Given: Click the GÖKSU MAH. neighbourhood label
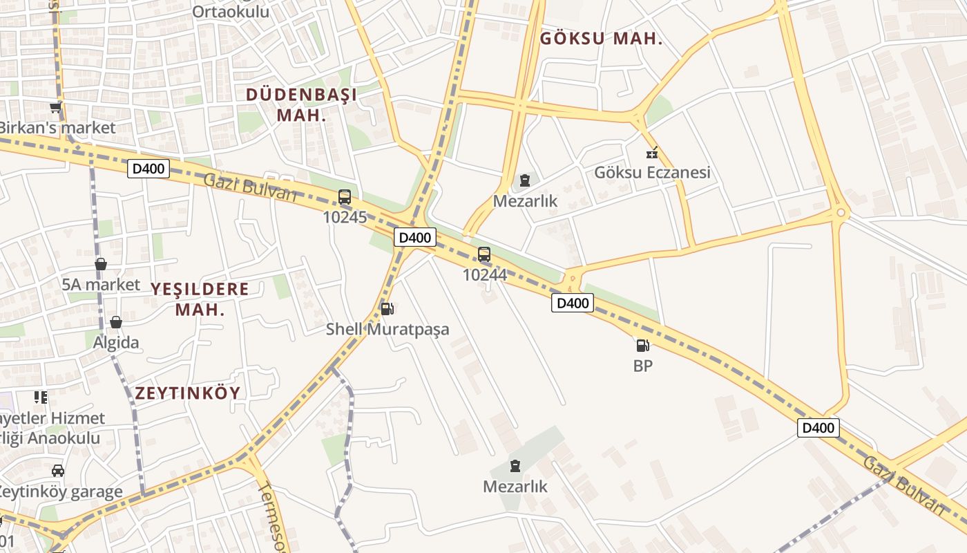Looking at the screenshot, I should pyautogui.click(x=601, y=39).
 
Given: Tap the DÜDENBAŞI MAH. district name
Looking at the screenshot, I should pyautogui.click(x=301, y=104).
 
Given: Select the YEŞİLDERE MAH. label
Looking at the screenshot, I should pyautogui.click(x=200, y=299).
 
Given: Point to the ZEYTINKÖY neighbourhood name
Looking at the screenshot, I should pyautogui.click(x=188, y=393).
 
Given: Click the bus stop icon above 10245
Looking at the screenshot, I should pyautogui.click(x=345, y=197).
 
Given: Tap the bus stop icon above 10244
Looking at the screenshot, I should pyautogui.click(x=484, y=254).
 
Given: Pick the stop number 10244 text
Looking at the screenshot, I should pyautogui.click(x=484, y=275).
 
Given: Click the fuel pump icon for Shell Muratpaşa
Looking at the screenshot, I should pyautogui.click(x=387, y=309).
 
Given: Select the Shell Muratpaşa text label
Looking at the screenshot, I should pyautogui.click(x=387, y=330).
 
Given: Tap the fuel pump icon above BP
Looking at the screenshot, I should pyautogui.click(x=642, y=345).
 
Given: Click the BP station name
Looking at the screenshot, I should pyautogui.click(x=642, y=366).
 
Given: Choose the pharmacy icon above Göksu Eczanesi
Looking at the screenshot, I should pyautogui.click(x=651, y=153).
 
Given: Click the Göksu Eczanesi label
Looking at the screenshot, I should pyautogui.click(x=652, y=173).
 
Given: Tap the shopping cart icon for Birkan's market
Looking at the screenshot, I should pyautogui.click(x=55, y=108).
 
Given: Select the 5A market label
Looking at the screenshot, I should pyautogui.click(x=101, y=284).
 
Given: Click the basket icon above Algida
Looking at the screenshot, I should pyautogui.click(x=116, y=322).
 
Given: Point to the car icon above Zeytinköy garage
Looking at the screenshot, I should pyautogui.click(x=58, y=471).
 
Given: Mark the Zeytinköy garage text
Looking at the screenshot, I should pyautogui.click(x=61, y=492).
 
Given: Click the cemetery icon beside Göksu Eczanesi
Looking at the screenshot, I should pyautogui.click(x=525, y=181).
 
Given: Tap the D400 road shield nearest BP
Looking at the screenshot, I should pyautogui.click(x=572, y=303).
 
